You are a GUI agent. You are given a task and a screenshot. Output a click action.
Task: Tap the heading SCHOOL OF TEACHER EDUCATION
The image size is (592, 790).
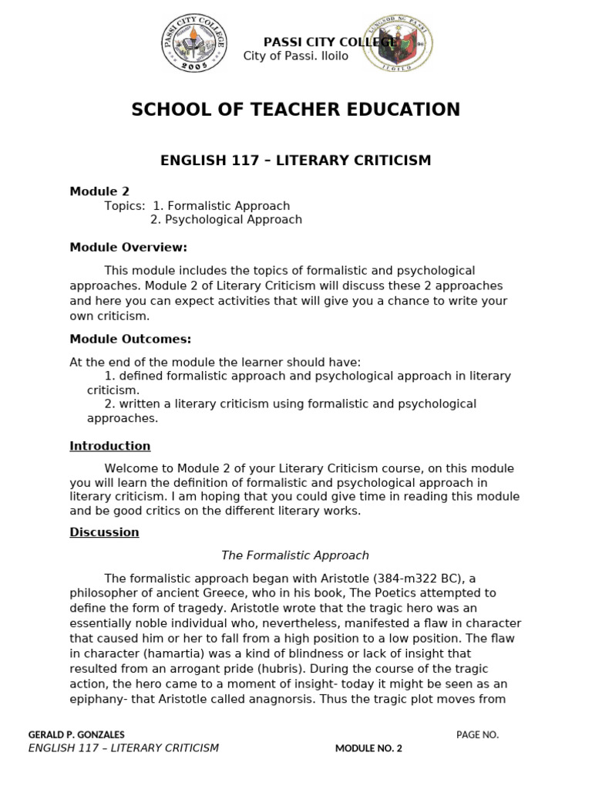(296, 110)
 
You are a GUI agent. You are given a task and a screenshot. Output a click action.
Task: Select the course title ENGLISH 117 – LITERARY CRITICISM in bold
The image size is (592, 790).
(296, 160)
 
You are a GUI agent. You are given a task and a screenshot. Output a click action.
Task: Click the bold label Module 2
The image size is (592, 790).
(99, 191)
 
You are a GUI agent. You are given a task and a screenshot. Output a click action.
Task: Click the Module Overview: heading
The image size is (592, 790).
(129, 248)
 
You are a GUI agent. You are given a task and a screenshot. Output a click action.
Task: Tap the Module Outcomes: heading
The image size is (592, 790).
(130, 339)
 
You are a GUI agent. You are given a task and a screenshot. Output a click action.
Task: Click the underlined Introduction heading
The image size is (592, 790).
(110, 446)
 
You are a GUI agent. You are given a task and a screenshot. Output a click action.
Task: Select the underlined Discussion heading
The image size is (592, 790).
(104, 532)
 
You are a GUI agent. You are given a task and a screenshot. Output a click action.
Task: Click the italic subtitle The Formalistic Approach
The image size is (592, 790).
(295, 555)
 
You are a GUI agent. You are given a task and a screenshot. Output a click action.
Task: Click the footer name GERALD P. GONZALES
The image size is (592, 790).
(76, 734)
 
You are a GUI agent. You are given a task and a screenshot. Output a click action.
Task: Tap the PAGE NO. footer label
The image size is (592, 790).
(477, 734)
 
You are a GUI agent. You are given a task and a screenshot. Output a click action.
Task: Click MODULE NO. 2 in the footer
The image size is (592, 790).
(368, 748)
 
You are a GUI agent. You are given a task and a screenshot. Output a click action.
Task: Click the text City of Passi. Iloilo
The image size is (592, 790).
(296, 56)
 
